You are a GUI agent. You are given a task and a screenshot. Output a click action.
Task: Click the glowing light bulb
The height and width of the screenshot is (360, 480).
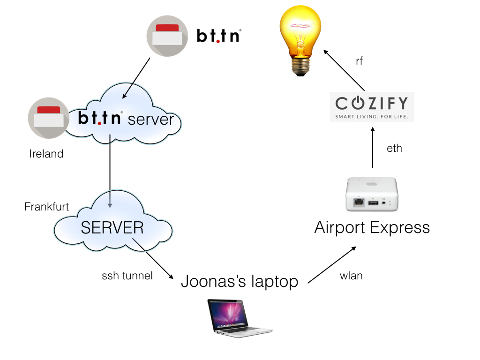pyautogui.click(x=300, y=40)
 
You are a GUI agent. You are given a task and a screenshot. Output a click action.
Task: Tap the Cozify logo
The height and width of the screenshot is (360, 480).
pyautogui.click(x=372, y=107)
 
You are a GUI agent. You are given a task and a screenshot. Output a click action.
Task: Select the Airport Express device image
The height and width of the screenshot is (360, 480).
pyautogui.click(x=372, y=194)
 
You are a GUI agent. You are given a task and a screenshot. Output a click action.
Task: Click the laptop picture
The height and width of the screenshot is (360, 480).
pyautogui.click(x=239, y=318)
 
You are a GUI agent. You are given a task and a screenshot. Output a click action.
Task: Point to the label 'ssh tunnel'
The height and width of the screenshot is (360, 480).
pyautogui.click(x=127, y=276)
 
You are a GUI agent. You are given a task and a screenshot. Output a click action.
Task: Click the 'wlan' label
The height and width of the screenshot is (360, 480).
pyautogui.click(x=351, y=276)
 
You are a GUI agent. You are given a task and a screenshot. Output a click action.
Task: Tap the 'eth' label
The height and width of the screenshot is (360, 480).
pyautogui.click(x=394, y=149)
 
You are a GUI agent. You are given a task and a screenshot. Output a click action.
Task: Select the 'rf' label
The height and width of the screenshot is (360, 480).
pyautogui.click(x=359, y=61)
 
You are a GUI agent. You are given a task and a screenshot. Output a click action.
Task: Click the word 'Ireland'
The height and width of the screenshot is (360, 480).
pyautogui.click(x=46, y=154)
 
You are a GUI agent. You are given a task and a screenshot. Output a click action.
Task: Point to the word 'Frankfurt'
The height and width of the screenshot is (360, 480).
pyautogui.click(x=46, y=207)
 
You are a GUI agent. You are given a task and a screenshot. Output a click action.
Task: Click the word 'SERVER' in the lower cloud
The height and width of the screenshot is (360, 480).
pyautogui.click(x=112, y=228)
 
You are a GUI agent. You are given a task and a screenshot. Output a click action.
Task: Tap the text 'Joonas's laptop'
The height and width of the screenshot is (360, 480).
pyautogui.click(x=240, y=281)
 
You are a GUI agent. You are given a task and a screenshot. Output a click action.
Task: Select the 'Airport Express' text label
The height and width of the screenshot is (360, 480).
pyautogui.click(x=372, y=228)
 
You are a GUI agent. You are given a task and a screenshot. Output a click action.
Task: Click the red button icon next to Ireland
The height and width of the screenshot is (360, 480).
pyautogui.click(x=49, y=118)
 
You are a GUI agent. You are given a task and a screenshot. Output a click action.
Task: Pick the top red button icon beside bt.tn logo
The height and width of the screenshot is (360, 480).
pyautogui.click(x=167, y=36)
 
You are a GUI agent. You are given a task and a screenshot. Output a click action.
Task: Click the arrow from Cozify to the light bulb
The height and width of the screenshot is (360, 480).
pyautogui.click(x=344, y=70)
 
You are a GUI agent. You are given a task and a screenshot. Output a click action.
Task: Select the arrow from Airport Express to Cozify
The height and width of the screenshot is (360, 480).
pyautogui.click(x=373, y=148)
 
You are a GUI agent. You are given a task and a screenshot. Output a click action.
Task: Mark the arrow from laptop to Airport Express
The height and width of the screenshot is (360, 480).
pyautogui.click(x=332, y=265)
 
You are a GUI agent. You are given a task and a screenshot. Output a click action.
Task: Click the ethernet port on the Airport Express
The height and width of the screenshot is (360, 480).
pyautogui.click(x=359, y=202)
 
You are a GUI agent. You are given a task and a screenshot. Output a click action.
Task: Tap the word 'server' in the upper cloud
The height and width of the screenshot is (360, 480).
pyautogui.click(x=151, y=120)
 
